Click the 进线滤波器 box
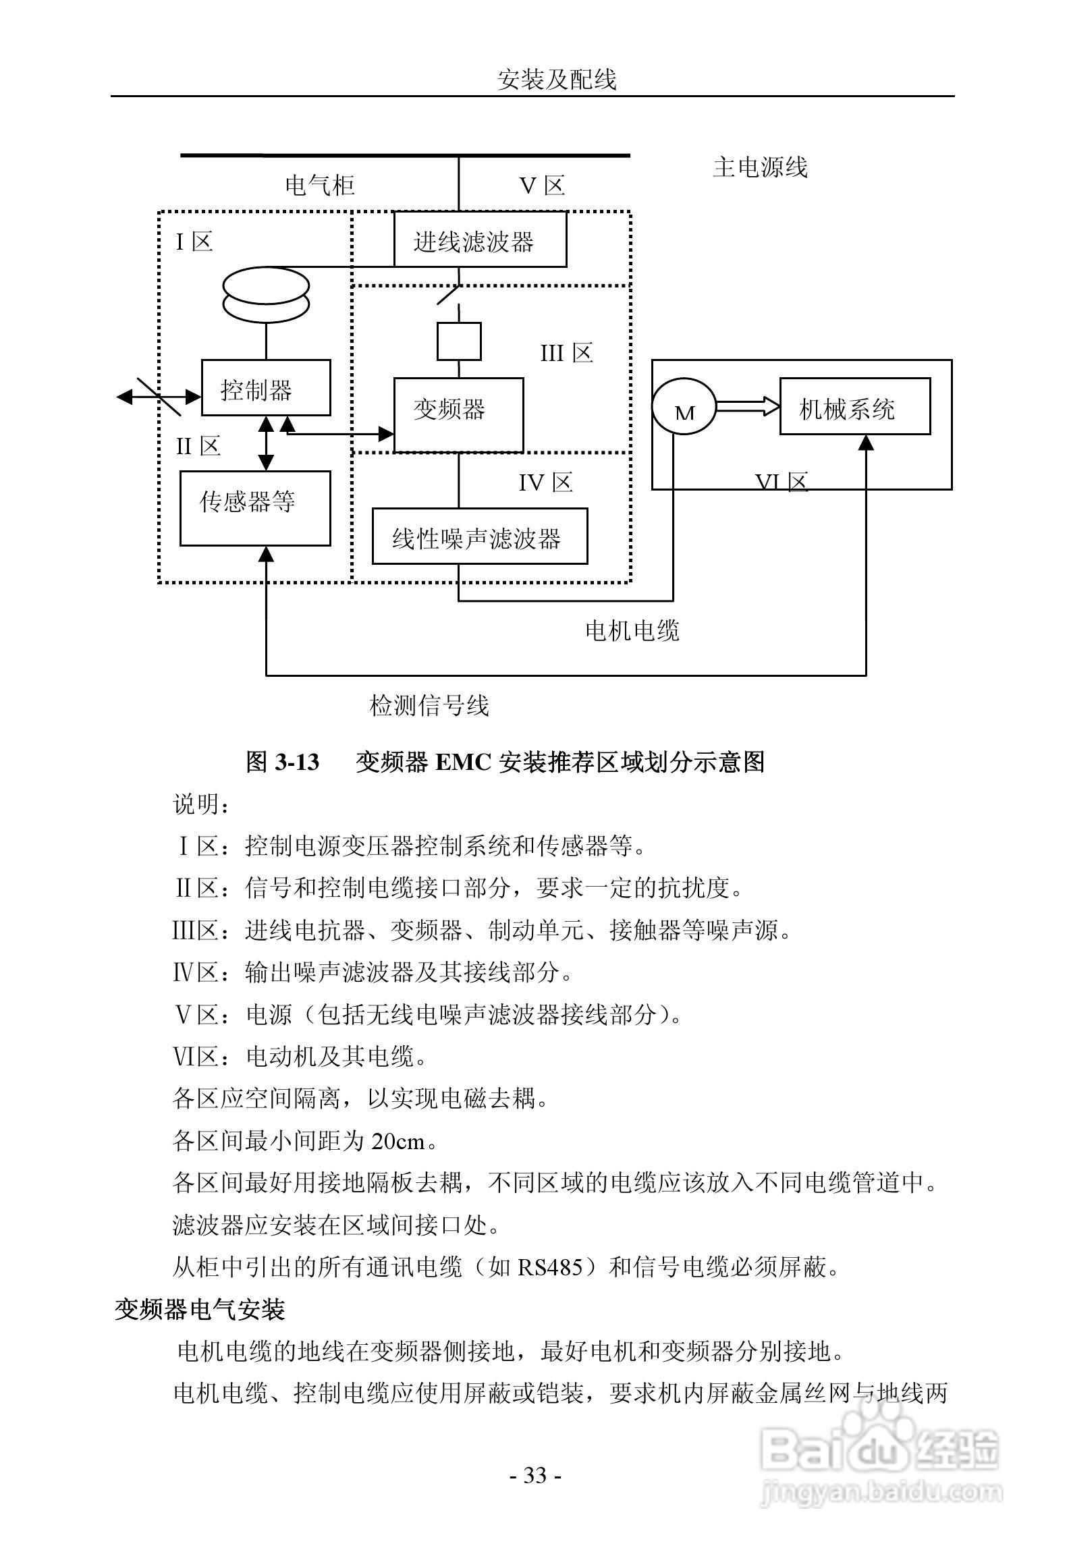[480, 240]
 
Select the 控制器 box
[266, 387]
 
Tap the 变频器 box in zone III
[458, 414]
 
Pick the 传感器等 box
[255, 507]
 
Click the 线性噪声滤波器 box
[479, 536]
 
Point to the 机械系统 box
[854, 406]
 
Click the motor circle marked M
[683, 406]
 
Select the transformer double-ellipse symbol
[266, 297]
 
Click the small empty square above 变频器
[459, 341]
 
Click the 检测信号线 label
[429, 706]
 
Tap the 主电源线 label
[760, 167]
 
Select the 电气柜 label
[320, 185]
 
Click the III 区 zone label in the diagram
[566, 353]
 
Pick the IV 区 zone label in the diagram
[545, 482]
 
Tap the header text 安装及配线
[557, 80]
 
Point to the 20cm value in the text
[398, 1141]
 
